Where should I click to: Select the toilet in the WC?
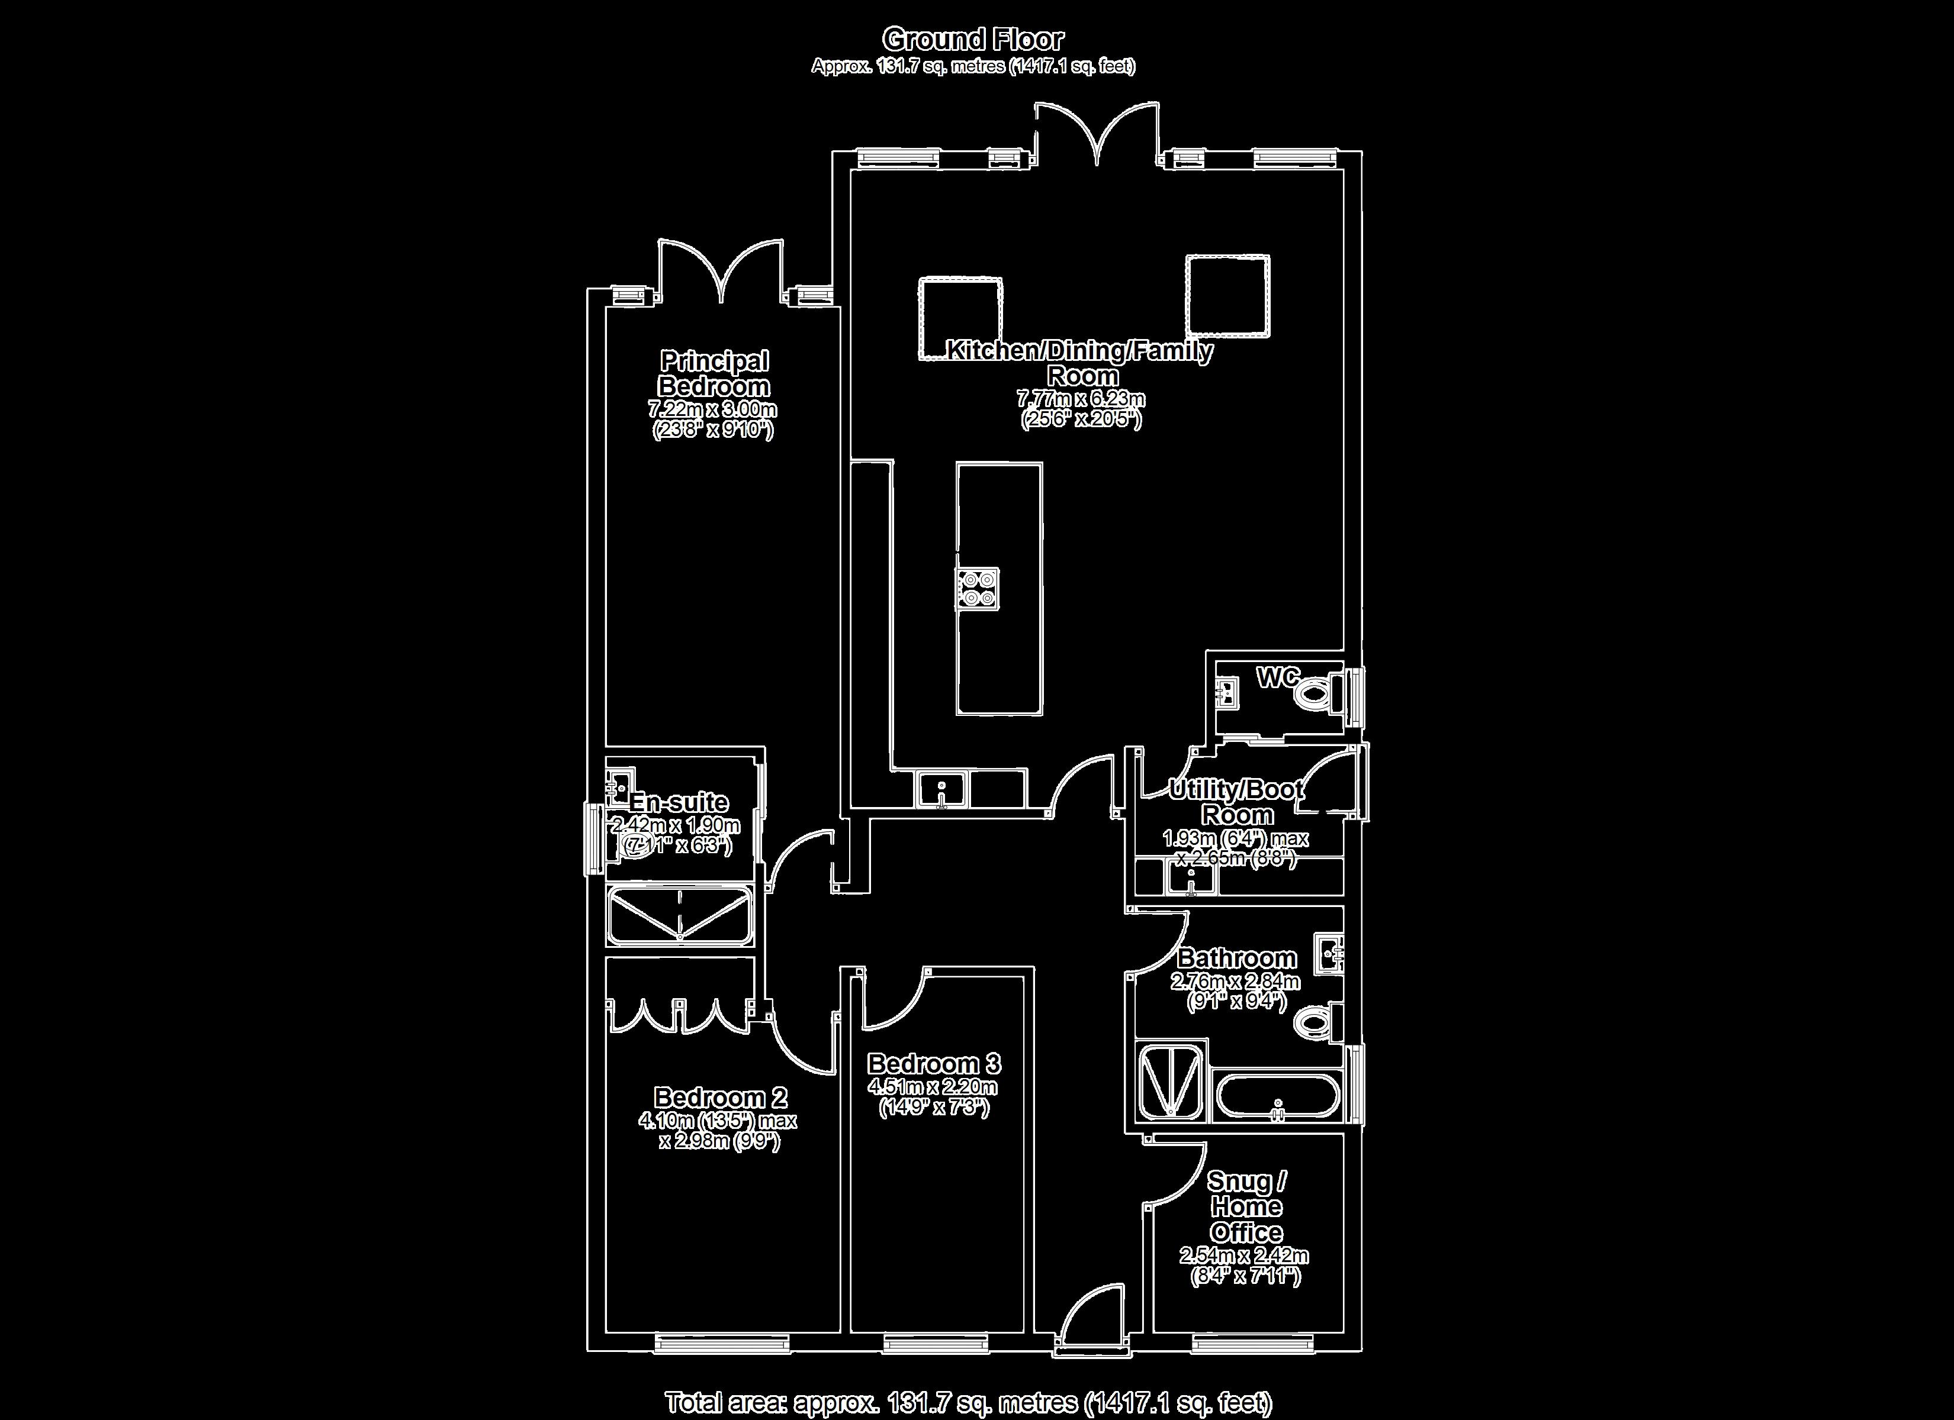pos(1314,692)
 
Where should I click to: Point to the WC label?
pos(1278,677)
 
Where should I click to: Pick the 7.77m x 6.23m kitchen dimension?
pos(1081,399)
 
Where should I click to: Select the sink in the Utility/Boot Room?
pos(1191,879)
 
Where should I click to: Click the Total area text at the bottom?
pos(969,1402)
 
